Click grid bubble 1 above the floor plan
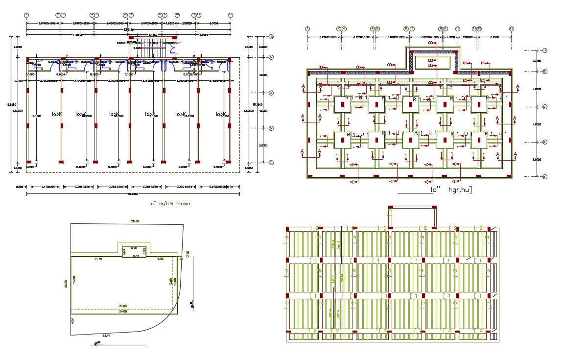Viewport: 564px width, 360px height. point(26,15)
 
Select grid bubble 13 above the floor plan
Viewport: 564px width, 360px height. point(230,15)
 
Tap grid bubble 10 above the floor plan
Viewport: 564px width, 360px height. point(177,15)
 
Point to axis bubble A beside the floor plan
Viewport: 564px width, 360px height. point(271,37)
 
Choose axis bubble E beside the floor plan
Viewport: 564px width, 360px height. point(271,163)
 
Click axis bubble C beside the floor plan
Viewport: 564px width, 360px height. point(271,93)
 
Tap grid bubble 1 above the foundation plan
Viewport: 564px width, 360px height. point(307,29)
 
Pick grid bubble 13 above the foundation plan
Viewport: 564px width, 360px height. point(511,29)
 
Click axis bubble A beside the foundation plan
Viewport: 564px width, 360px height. point(545,50)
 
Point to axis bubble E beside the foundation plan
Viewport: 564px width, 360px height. point(545,176)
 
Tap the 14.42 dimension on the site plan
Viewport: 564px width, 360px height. point(106,336)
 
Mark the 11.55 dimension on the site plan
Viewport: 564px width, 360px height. point(98,259)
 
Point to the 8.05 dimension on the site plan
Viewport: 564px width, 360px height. point(160,259)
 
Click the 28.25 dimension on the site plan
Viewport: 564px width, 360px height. point(66,284)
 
